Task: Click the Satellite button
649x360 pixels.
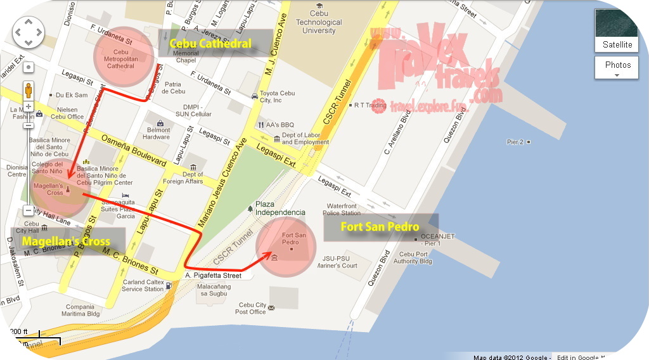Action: coord(617,44)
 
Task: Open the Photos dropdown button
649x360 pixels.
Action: coord(617,65)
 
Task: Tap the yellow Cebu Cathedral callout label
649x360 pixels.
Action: coord(210,44)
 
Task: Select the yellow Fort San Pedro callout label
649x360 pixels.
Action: coord(380,226)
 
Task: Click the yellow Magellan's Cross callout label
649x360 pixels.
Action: coord(66,241)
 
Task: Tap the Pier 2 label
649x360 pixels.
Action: coord(515,142)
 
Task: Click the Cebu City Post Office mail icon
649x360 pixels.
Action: coord(271,308)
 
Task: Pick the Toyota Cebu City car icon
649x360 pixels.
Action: coord(254,96)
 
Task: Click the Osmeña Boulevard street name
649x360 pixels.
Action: coord(135,150)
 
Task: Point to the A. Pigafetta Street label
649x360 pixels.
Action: coord(214,276)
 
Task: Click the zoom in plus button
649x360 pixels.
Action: coord(29,106)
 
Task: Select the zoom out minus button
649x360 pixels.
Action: coord(29,210)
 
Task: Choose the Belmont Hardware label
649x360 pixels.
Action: coord(157,133)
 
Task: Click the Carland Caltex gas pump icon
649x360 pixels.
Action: coord(169,286)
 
